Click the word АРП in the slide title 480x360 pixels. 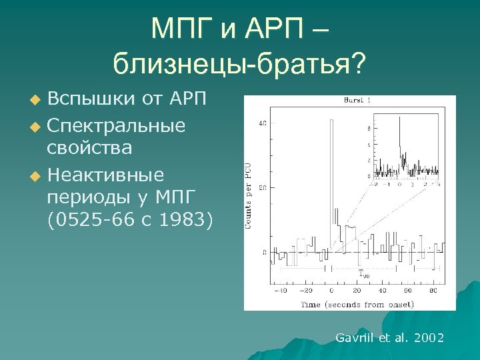283,29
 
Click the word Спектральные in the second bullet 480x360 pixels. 116,125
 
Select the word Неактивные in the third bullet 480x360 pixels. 105,175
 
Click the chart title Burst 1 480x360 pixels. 357,101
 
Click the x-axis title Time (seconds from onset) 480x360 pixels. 357,304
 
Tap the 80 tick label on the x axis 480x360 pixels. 433,291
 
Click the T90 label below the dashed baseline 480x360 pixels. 363,273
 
